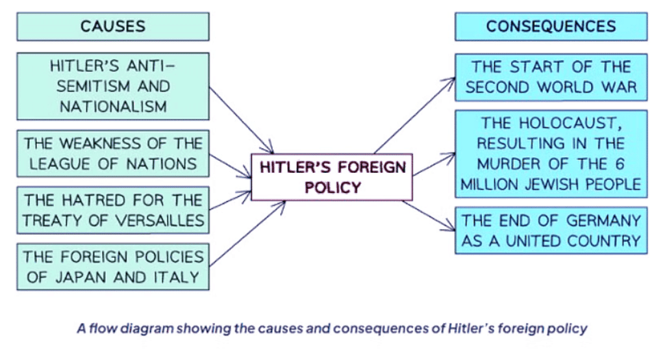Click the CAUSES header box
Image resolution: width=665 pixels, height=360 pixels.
[x=113, y=27]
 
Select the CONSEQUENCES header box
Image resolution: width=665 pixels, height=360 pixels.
[x=551, y=27]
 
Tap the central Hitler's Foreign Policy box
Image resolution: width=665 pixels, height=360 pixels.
[x=332, y=177]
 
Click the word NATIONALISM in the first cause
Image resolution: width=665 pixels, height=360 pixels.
[x=113, y=107]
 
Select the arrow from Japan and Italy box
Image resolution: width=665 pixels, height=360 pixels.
[x=247, y=234]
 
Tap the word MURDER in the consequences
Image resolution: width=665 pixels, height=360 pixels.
[x=506, y=164]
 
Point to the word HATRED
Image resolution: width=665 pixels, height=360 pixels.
[x=97, y=200]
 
